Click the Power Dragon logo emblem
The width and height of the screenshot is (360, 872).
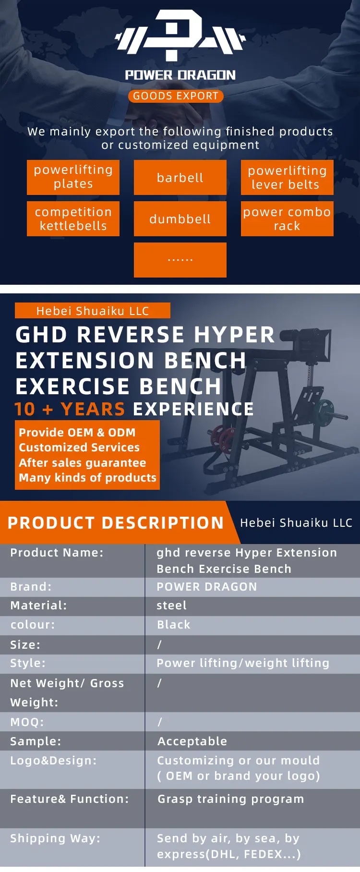point(180,36)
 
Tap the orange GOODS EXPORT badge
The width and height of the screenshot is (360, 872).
point(176,96)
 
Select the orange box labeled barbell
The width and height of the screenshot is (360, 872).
point(180,178)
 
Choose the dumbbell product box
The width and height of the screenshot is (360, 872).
point(180,219)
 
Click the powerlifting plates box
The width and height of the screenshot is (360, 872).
point(73,177)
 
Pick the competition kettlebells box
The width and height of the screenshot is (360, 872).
point(73,219)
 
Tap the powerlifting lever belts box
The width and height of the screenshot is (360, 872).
point(287,178)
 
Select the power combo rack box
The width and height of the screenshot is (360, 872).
point(287,219)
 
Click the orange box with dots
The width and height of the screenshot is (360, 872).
point(180,260)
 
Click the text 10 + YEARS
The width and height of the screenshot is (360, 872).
point(70,409)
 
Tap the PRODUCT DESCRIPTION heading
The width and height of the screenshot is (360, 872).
point(116,523)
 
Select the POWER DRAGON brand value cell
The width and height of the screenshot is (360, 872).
point(207,587)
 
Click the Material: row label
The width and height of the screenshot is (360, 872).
point(39,606)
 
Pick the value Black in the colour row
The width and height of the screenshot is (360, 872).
point(174,625)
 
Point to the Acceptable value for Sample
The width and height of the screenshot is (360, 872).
point(192,741)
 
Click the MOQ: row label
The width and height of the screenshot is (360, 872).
point(27,722)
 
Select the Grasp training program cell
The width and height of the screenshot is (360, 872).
point(231,799)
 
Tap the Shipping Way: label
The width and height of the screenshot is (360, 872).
point(55,838)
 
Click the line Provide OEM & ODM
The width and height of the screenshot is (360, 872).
point(77,433)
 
